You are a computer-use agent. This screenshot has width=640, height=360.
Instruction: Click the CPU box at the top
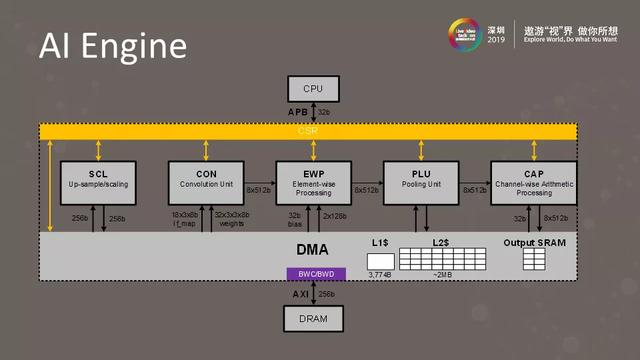[313, 89]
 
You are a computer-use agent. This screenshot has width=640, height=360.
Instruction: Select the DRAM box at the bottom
[313, 319]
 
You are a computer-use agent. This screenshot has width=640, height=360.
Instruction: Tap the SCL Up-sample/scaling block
[97, 181]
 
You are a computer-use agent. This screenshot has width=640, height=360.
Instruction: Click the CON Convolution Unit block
[205, 181]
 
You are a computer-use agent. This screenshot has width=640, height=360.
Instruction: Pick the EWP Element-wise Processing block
[313, 181]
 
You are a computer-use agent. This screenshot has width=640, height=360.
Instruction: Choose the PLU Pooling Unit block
[421, 181]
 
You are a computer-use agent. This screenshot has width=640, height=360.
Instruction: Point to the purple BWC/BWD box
[313, 273]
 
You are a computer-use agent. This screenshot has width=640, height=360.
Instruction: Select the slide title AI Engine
[111, 46]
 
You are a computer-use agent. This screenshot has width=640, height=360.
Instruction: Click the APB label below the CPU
[298, 112]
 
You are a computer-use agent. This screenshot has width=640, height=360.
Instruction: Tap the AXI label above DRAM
[298, 295]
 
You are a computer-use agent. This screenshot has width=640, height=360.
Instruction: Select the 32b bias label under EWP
[295, 221]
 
